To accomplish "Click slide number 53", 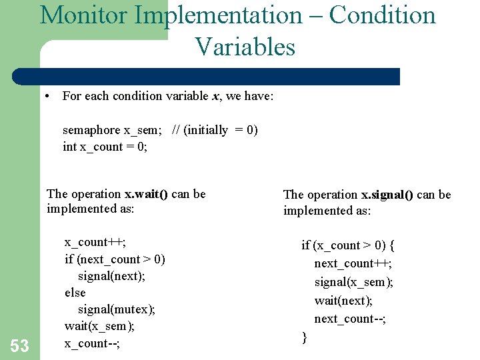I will pos(20,345).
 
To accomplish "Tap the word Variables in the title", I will pos(245,47).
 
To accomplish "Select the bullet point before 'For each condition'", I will pos(49,96).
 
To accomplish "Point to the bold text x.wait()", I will pos(147,194).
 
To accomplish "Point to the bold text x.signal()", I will pos(387,195).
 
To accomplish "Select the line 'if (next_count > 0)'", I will pos(115,259).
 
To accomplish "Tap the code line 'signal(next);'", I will pos(112,276).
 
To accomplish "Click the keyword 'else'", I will pos(75,293).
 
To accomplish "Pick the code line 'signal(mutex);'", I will pos(117,309).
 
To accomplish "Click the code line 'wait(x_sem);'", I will pos(99,326).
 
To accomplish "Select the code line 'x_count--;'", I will pos(91,343).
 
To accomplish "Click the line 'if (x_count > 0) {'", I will pos(348,245).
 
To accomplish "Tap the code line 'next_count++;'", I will pos(353,263).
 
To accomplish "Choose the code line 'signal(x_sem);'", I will pos(354,282).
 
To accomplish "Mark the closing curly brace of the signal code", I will pos(305,337).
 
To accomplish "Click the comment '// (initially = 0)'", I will pos(215,130).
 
